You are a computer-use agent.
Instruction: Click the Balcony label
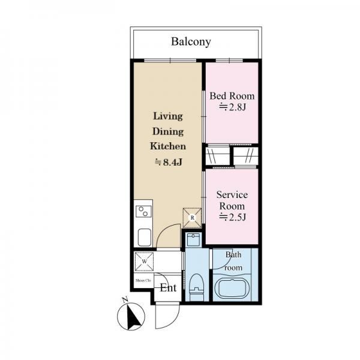(x=191, y=42)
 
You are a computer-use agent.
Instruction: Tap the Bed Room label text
(x=232, y=96)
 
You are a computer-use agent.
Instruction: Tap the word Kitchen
(x=168, y=146)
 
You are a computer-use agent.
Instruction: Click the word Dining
(x=168, y=132)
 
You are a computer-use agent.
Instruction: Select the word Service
(x=232, y=195)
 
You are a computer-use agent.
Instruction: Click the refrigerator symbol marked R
(x=192, y=218)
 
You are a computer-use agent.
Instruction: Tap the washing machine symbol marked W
(x=144, y=261)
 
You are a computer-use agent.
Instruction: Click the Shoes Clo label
(x=143, y=281)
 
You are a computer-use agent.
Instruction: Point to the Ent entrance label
(x=168, y=288)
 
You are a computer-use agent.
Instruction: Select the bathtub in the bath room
(x=233, y=288)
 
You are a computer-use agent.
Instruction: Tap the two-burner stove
(x=143, y=211)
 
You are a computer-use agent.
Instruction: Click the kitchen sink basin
(x=145, y=238)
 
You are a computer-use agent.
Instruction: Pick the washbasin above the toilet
(x=193, y=239)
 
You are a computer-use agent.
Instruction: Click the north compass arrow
(x=134, y=317)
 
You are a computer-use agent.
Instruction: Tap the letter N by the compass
(x=125, y=299)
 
